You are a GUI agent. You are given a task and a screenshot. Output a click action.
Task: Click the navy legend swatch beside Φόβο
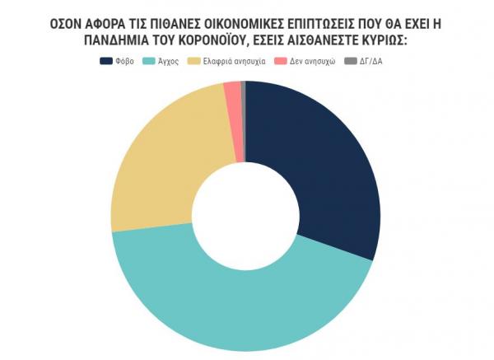click(x=106, y=61)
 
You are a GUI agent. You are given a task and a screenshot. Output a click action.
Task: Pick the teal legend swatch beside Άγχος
click(x=149, y=61)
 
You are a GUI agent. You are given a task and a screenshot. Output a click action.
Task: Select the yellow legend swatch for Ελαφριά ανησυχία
click(x=193, y=61)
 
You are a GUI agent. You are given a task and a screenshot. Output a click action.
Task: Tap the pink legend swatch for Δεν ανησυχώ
click(x=280, y=61)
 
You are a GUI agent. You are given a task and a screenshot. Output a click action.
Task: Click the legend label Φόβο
click(x=126, y=61)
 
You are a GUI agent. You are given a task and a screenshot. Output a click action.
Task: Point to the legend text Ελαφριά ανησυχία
click(x=234, y=61)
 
